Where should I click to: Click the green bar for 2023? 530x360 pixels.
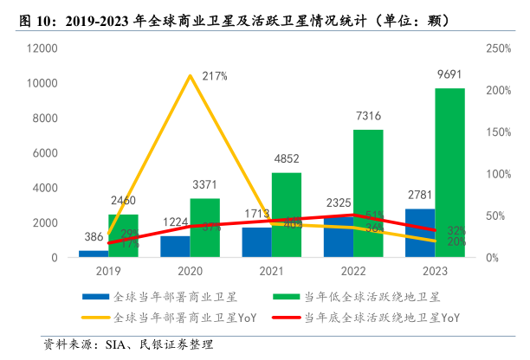click(449, 173)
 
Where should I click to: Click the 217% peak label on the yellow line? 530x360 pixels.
click(214, 77)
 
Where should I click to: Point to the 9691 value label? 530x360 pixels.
click(449, 74)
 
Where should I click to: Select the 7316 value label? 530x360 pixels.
click(367, 116)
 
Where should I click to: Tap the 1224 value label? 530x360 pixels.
click(176, 222)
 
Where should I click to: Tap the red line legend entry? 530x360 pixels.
click(380, 318)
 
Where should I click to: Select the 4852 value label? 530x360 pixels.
click(286, 158)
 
